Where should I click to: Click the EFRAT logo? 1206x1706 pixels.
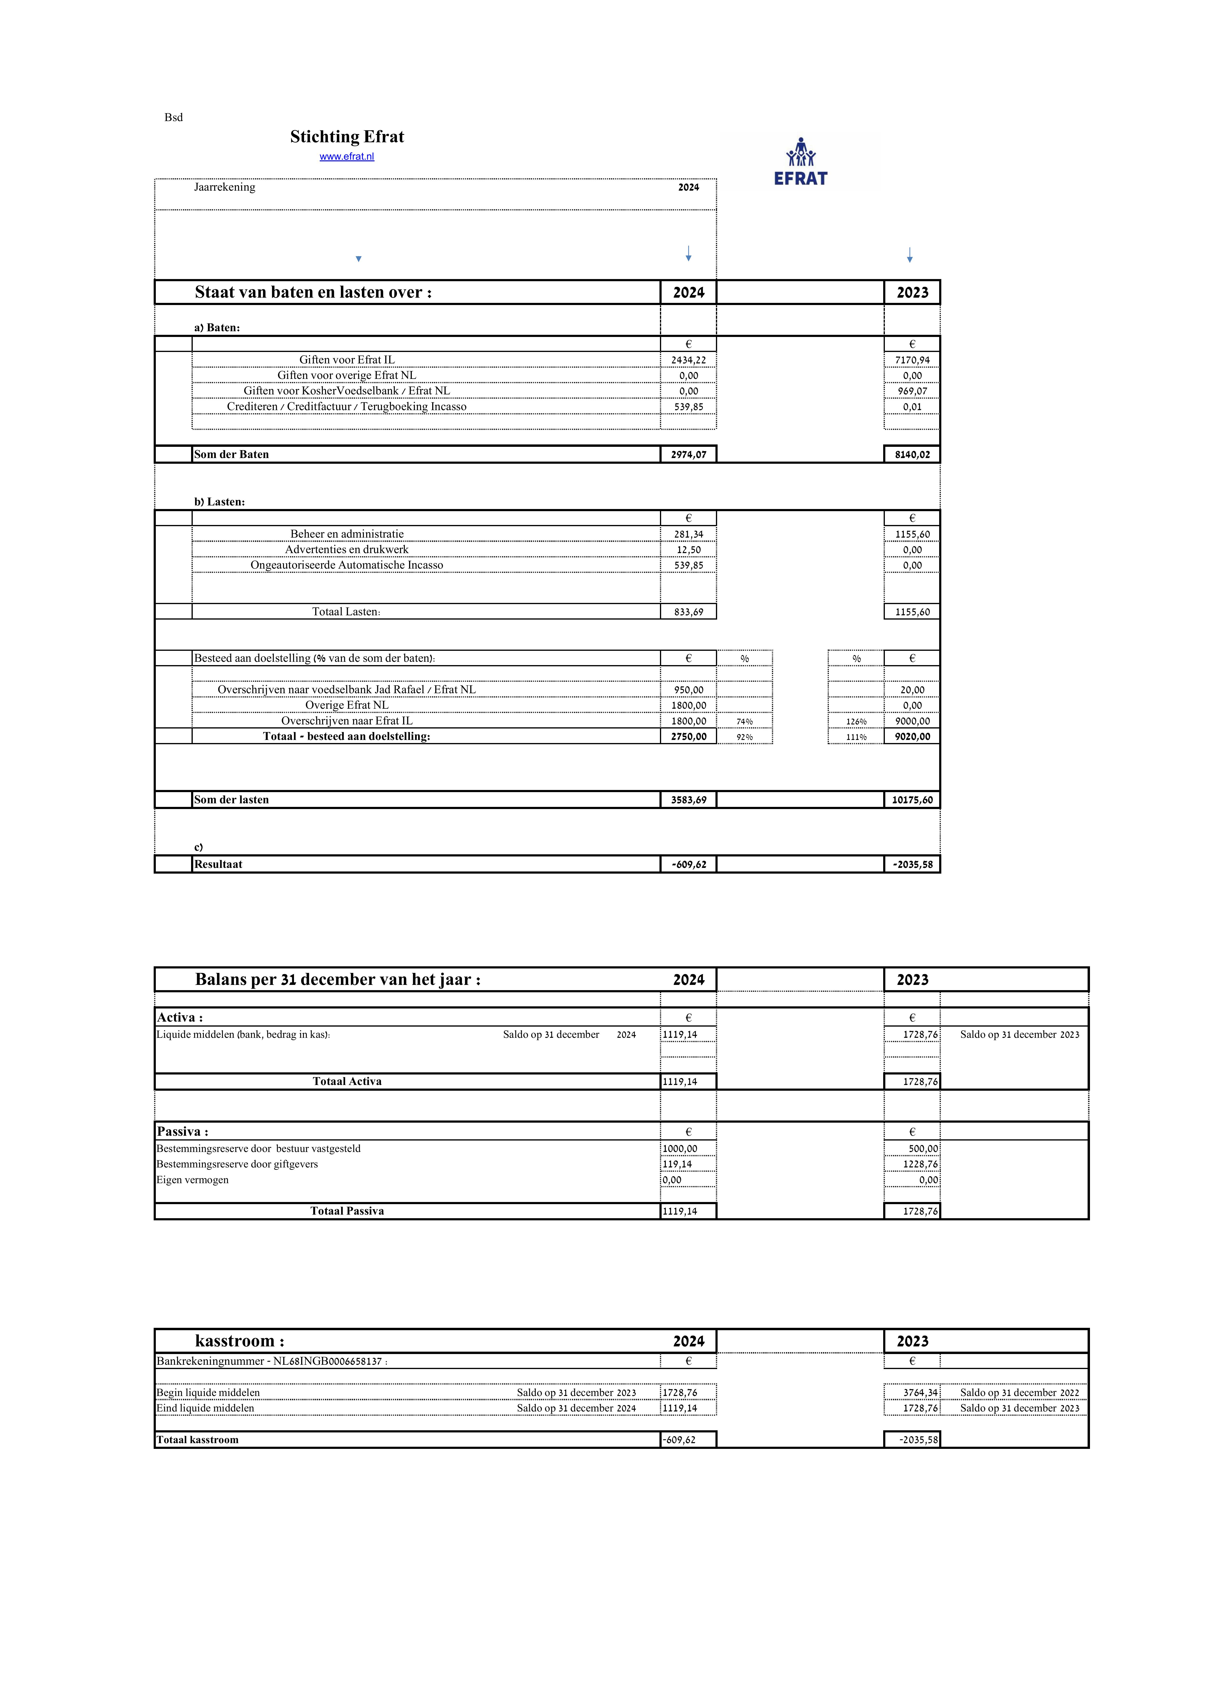click(800, 162)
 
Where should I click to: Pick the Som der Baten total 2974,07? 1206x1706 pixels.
click(688, 455)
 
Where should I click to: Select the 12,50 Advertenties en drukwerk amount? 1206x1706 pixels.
click(688, 550)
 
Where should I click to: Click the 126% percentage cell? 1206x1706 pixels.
click(856, 722)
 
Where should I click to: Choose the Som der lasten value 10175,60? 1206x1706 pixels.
click(912, 800)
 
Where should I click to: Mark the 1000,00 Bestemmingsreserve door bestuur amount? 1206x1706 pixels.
click(680, 1149)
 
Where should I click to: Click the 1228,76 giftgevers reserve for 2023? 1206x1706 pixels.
click(920, 1164)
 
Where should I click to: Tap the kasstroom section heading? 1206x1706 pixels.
click(239, 1341)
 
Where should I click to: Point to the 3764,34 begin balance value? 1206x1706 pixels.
click(920, 1392)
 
